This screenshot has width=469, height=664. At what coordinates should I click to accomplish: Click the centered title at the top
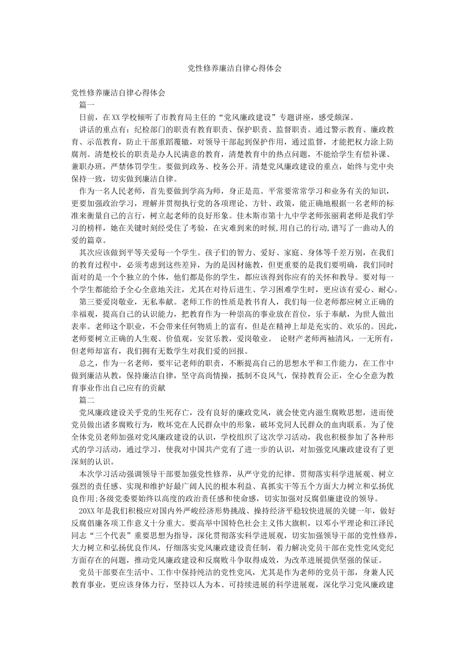(x=234, y=69)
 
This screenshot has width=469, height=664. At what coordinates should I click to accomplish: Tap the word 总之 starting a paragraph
(x=87, y=364)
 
